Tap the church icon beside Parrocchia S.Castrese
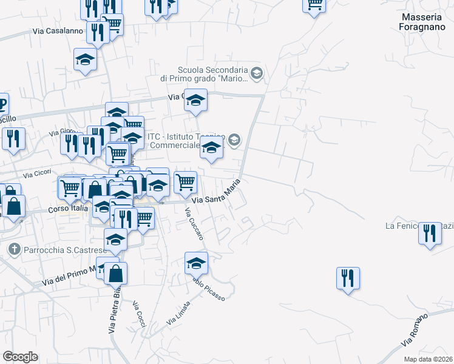tap(15, 249)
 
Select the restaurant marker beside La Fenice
tap(429, 234)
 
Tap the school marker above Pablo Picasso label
tap(196, 264)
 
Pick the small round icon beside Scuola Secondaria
tap(256, 73)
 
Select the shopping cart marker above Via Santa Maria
tap(185, 181)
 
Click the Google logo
tap(20, 357)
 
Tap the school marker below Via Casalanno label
tap(85, 60)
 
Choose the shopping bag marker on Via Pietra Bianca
tap(115, 274)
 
